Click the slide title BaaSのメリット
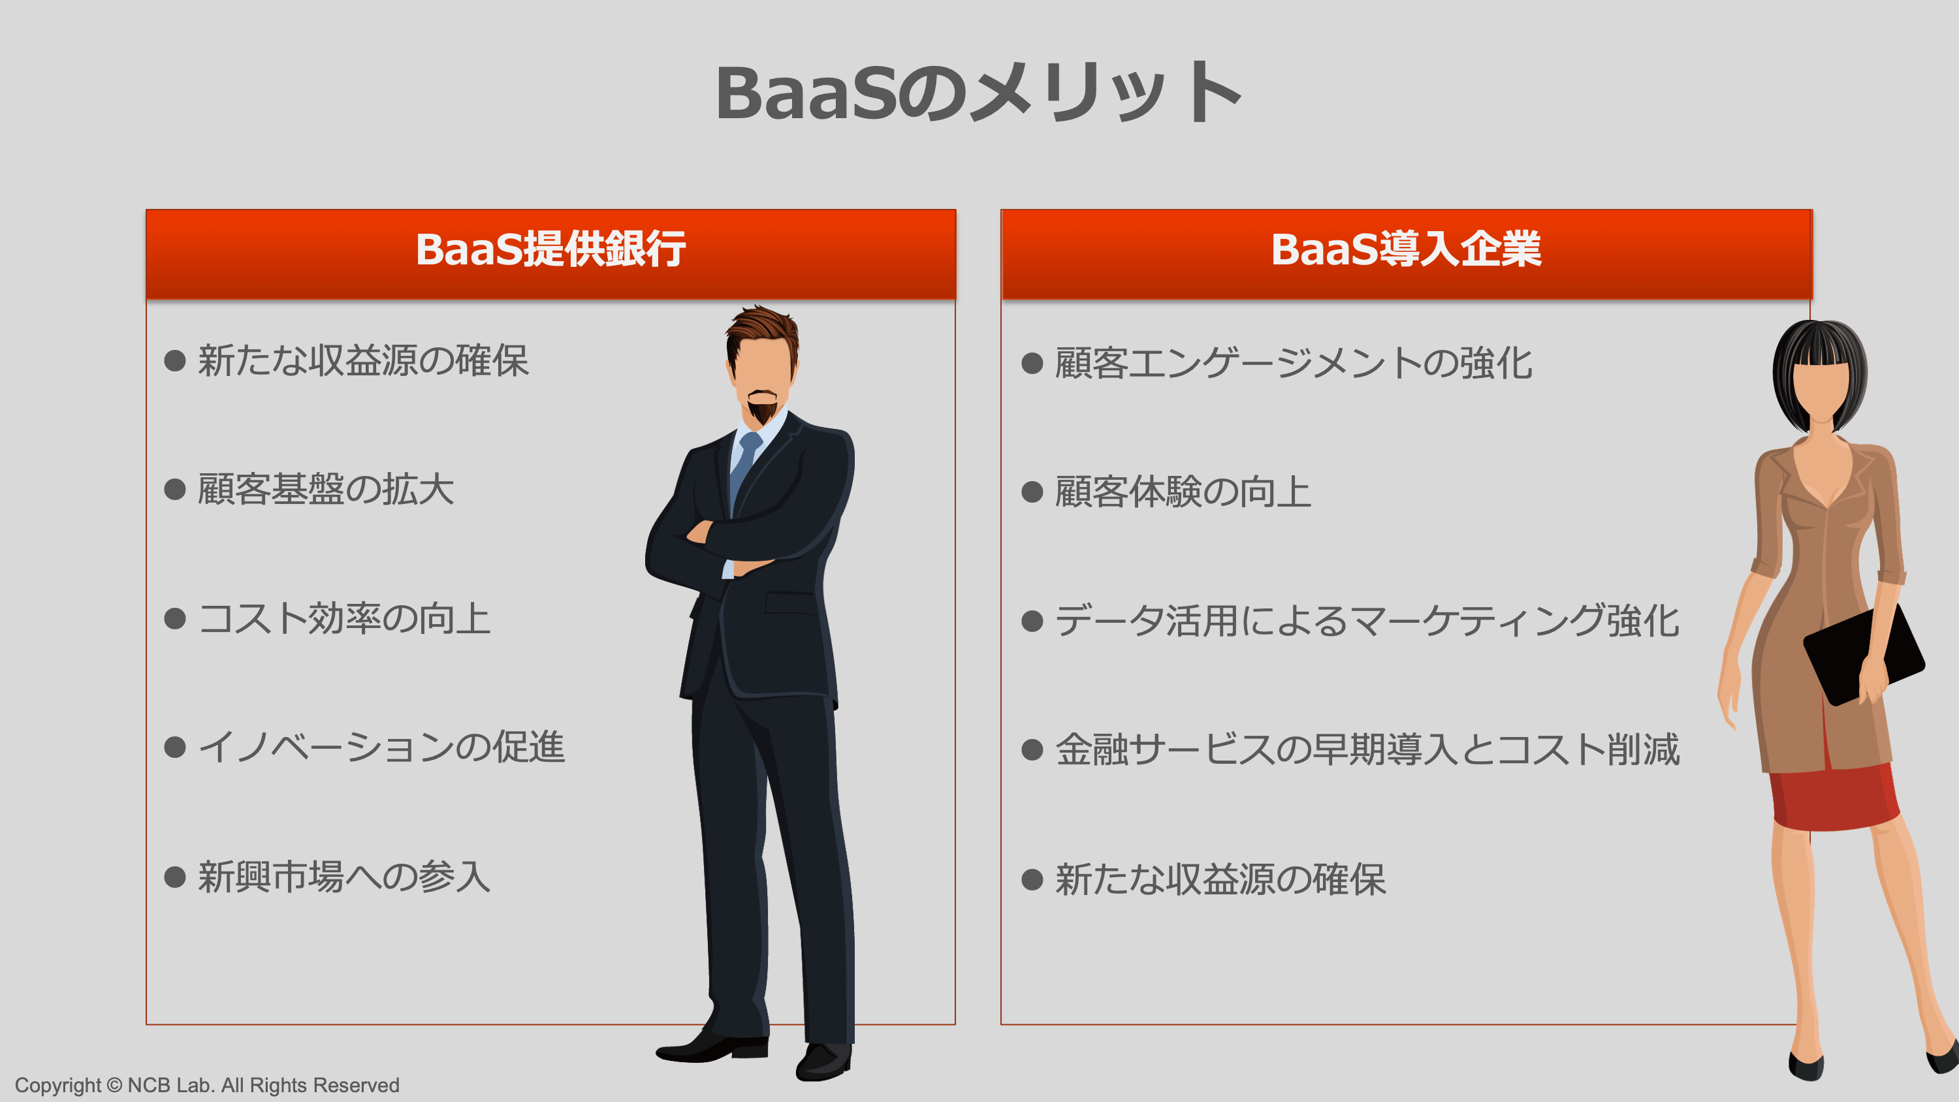click(x=978, y=93)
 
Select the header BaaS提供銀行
click(x=550, y=249)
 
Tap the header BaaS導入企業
click(x=1406, y=249)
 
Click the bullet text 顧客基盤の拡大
click(x=325, y=489)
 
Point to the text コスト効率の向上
click(x=343, y=618)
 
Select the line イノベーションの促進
click(x=381, y=747)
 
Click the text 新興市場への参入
click(x=343, y=877)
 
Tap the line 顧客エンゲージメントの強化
click(x=1293, y=363)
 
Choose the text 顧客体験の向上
click(x=1183, y=492)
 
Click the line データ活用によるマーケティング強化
click(x=1367, y=621)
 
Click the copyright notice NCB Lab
click(x=207, y=1085)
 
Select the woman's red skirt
click(x=1833, y=798)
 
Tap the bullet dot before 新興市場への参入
click(x=175, y=877)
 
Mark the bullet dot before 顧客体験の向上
click(x=1032, y=492)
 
